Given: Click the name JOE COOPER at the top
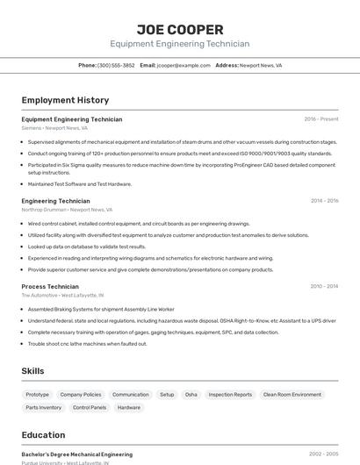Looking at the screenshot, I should coord(179,29).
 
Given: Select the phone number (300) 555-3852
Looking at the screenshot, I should coord(116,65).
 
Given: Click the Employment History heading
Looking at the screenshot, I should coord(65,100).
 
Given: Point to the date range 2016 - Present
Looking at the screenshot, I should coord(321,119).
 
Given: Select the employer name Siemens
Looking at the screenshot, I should coord(31,128).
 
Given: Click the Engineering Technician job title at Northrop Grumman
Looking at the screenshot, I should coord(55,201).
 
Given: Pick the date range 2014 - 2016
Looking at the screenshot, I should coord(324,201).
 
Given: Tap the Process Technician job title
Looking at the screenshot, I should coord(50,286).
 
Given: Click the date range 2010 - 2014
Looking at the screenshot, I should coord(324,286).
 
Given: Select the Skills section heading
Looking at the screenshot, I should coord(32,371).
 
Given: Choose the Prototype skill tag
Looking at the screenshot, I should coord(38,395).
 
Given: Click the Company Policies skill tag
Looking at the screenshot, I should coord(81,395).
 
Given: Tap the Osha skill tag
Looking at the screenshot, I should coord(191,395).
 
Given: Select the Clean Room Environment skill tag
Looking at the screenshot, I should coord(292,395).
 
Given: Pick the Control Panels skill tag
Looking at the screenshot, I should coord(90,407).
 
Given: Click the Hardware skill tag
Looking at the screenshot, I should coord(129,407).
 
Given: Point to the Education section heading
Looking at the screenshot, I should coord(43,435).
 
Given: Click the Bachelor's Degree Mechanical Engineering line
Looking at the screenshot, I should coord(77,454).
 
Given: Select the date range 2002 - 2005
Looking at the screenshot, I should coord(323,454).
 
